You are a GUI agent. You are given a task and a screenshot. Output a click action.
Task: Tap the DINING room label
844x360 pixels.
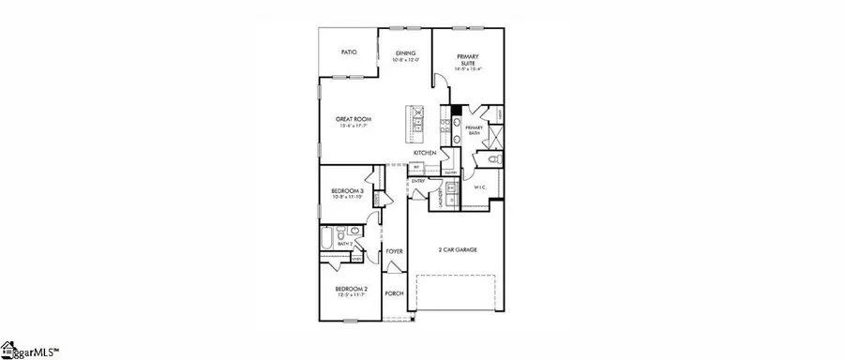click(405, 53)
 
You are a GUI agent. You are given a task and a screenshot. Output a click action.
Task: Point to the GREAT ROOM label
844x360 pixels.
click(355, 120)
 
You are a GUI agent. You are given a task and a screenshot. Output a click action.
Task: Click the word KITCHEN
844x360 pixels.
click(424, 152)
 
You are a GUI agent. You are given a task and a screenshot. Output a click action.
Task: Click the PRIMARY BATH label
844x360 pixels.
click(474, 129)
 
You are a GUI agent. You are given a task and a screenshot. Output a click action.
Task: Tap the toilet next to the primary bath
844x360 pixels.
click(494, 161)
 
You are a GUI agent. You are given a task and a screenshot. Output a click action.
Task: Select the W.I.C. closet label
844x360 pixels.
click(479, 187)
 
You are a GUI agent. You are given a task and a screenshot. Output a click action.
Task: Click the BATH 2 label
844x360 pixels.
click(345, 244)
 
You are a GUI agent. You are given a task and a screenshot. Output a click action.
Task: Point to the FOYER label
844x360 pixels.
click(395, 252)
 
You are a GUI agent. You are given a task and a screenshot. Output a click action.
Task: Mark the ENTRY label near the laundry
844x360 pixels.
click(418, 181)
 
